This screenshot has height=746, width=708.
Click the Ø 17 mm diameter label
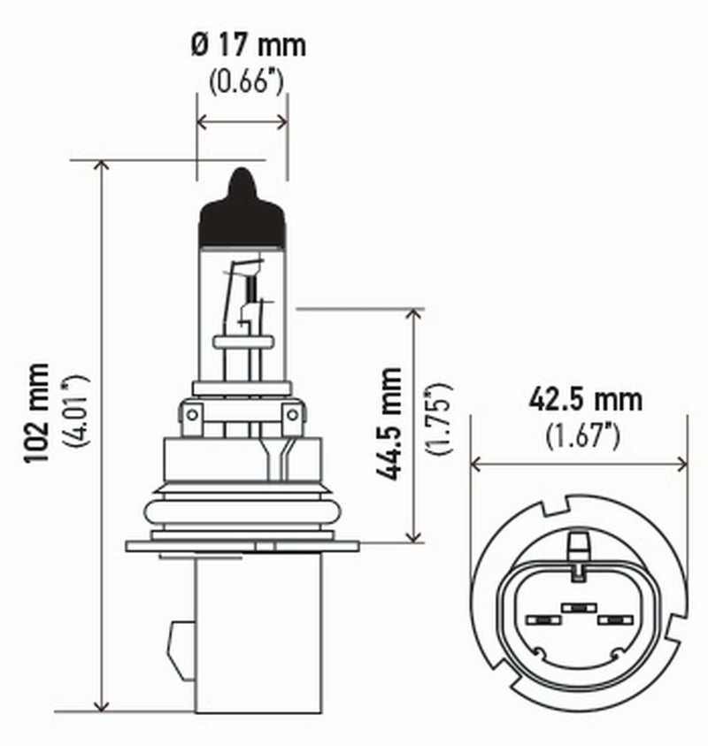247,44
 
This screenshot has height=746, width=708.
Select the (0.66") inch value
246,82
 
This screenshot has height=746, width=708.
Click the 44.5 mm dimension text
389,424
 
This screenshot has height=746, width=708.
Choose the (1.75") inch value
438,419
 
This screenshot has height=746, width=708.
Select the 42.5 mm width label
585,399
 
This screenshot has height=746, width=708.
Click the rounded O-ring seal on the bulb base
242,511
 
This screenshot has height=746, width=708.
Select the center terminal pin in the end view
578,607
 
